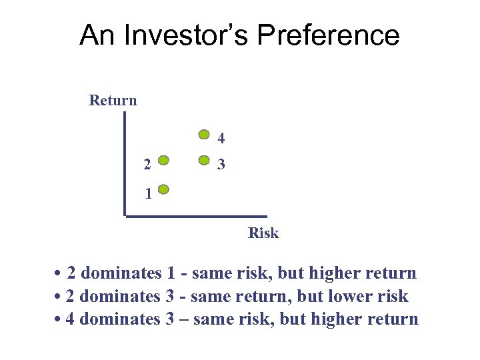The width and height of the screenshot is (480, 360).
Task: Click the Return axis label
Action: point(113,101)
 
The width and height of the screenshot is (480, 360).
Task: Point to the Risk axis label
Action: point(263,233)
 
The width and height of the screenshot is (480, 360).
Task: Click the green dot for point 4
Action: point(205,134)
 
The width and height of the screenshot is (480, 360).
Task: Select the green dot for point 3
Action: point(205,161)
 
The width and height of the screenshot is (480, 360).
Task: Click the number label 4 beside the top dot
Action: point(221,139)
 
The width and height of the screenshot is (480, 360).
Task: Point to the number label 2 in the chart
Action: point(147,164)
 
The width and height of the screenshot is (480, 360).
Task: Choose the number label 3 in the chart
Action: point(221,164)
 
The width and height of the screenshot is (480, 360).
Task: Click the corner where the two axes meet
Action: point(125,215)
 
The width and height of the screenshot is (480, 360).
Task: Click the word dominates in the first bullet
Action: point(121,273)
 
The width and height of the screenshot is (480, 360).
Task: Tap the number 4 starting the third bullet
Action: point(71,319)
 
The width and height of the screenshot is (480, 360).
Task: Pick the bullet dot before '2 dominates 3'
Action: point(59,297)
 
